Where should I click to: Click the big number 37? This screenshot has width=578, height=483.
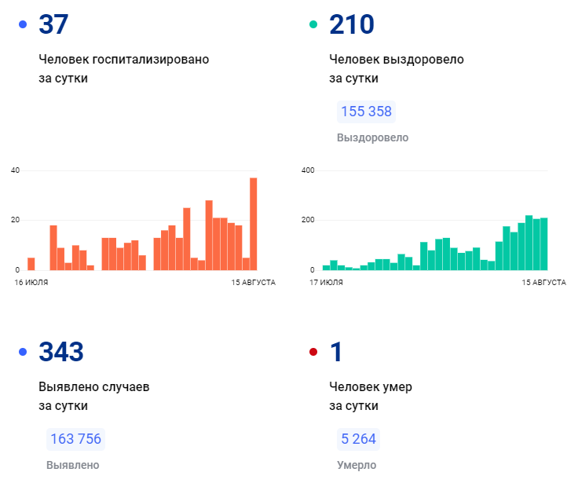53,24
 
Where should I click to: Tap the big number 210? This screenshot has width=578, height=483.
352,24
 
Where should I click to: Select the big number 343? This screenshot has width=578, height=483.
61,352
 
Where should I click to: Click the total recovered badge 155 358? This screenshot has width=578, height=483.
366,112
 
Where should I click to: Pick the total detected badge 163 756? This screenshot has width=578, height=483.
75,439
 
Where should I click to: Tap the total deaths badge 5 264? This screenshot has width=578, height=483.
358,439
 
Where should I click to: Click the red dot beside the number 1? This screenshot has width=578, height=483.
313,352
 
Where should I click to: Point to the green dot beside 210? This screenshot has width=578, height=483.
313,24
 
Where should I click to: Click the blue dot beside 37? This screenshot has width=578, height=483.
23,24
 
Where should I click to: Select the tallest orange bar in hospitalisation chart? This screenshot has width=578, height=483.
253,224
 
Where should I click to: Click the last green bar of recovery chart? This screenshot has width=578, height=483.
543,244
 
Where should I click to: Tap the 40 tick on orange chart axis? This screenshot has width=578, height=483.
15,170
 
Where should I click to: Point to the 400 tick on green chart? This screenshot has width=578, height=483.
308,170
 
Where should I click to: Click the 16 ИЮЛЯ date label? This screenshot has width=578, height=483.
31,283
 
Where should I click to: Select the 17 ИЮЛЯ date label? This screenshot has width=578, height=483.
326,283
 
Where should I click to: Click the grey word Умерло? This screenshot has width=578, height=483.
357,465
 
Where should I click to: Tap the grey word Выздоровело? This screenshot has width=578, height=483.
373,138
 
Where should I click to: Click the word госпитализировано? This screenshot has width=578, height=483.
151,60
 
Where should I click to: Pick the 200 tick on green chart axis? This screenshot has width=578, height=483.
308,220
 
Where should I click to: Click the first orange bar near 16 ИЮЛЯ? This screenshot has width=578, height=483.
31,264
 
